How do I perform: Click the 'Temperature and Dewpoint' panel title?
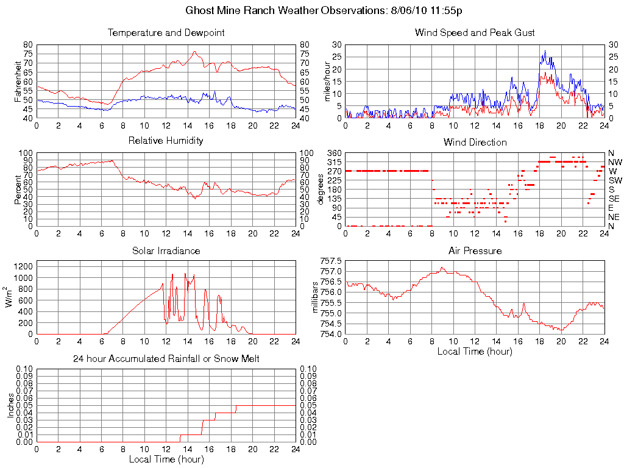[x=166, y=33]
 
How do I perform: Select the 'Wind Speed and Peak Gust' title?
[x=475, y=33]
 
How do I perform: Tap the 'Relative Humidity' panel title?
[x=166, y=141]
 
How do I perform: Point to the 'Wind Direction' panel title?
[x=475, y=143]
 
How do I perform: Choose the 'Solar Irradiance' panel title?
[x=166, y=251]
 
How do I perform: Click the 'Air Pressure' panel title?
[x=475, y=251]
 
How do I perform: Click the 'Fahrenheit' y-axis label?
[x=18, y=81]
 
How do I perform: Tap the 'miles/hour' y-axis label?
[x=327, y=81]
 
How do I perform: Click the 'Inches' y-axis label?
[x=10, y=405]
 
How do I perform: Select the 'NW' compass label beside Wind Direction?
[x=615, y=162]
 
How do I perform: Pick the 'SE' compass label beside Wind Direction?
[x=614, y=199]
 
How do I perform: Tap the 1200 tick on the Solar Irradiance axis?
[x=23, y=266]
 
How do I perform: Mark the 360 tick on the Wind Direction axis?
[x=334, y=153]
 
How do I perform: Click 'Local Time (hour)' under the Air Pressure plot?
[x=475, y=351]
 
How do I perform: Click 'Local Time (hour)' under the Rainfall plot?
[x=166, y=459]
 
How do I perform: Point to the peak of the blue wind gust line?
[x=545, y=51]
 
